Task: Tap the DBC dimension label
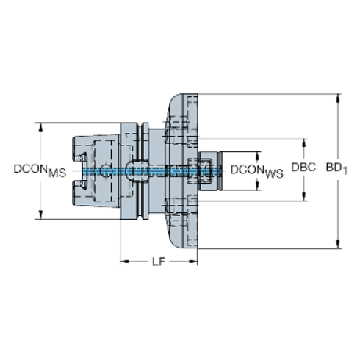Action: tap(303, 168)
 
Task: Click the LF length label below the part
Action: tap(158, 261)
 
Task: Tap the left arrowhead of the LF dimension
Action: tap(123, 261)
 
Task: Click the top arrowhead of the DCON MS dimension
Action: tap(39, 126)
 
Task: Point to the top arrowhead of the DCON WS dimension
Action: tap(258, 155)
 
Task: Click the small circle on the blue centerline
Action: tap(107, 170)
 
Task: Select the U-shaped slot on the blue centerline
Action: tap(133, 170)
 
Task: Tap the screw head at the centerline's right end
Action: tap(205, 170)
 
